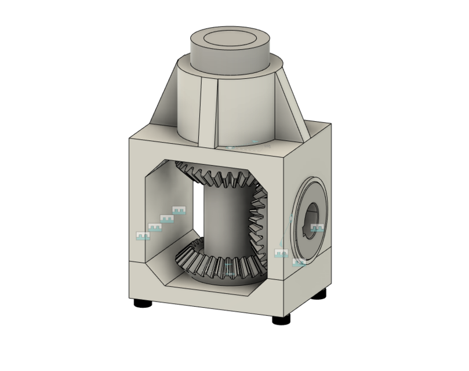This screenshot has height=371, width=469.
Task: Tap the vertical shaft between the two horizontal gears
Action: coord(223,220)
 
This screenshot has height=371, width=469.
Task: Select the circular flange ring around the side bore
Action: coord(302,197)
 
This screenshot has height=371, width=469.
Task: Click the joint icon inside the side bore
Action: coord(317,228)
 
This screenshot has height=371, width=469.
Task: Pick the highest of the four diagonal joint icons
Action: coord(179,210)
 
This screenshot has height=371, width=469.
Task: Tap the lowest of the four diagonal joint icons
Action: coord(142,236)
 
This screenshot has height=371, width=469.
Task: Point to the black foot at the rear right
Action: coord(321,295)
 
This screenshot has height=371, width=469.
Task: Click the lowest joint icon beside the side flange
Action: coord(299,263)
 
